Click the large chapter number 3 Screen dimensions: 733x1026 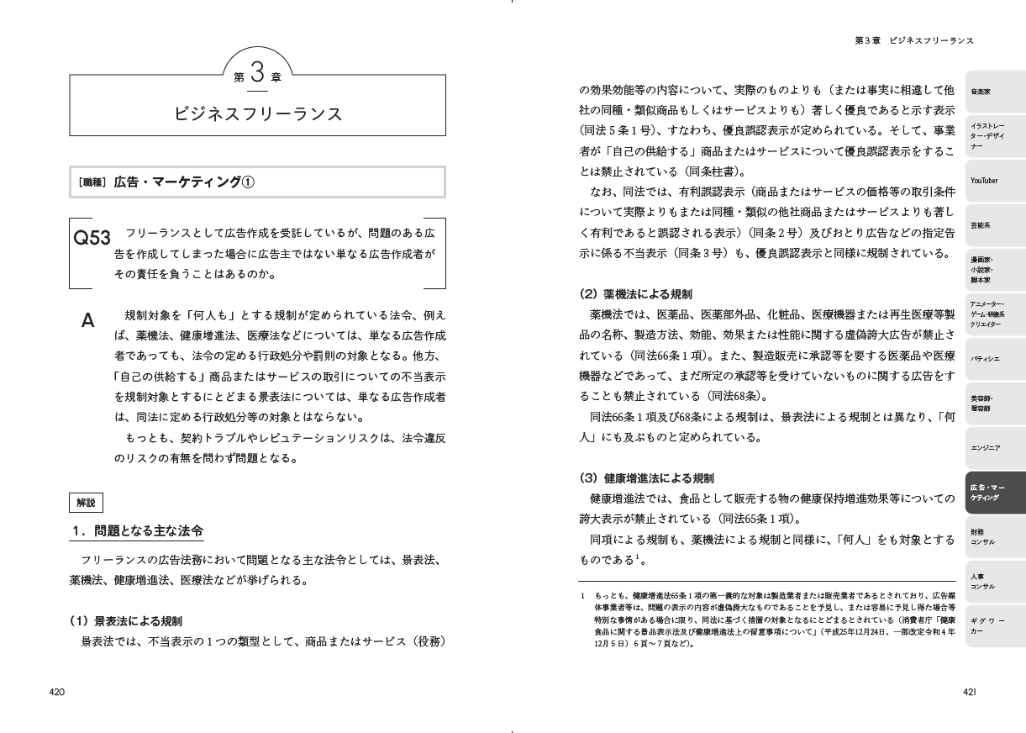click(x=258, y=71)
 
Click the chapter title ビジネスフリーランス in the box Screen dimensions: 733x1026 click(x=258, y=113)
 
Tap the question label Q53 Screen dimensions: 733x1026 click(x=92, y=238)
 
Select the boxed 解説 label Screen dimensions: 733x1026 click(x=86, y=503)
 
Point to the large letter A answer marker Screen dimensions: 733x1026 click(x=87, y=320)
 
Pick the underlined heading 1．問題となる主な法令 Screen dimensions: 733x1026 click(x=136, y=531)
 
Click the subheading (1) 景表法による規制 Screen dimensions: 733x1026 click(x=126, y=621)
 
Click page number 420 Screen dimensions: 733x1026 click(x=57, y=692)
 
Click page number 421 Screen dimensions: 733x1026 click(x=969, y=692)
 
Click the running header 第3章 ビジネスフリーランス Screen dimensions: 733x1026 click(x=914, y=40)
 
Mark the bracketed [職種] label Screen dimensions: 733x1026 click(x=92, y=182)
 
